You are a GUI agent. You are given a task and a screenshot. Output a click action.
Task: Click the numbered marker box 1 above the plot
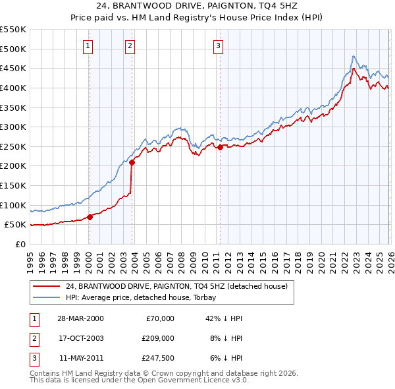(x=88, y=45)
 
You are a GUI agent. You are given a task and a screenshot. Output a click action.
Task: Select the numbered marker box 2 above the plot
(x=130, y=45)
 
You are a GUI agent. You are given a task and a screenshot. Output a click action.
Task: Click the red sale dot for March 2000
(x=90, y=217)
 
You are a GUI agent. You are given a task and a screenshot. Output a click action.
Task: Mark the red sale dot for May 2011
(x=220, y=148)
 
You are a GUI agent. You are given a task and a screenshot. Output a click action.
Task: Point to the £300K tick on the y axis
(x=13, y=127)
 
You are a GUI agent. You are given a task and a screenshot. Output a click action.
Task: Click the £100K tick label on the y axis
(x=13, y=205)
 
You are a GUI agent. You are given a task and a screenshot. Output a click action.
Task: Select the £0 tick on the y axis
(x=21, y=244)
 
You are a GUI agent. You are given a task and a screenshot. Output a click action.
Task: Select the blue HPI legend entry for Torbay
(x=149, y=297)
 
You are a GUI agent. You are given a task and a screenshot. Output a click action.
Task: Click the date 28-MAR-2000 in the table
(x=80, y=318)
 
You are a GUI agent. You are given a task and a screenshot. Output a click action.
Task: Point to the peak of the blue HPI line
(x=354, y=57)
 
